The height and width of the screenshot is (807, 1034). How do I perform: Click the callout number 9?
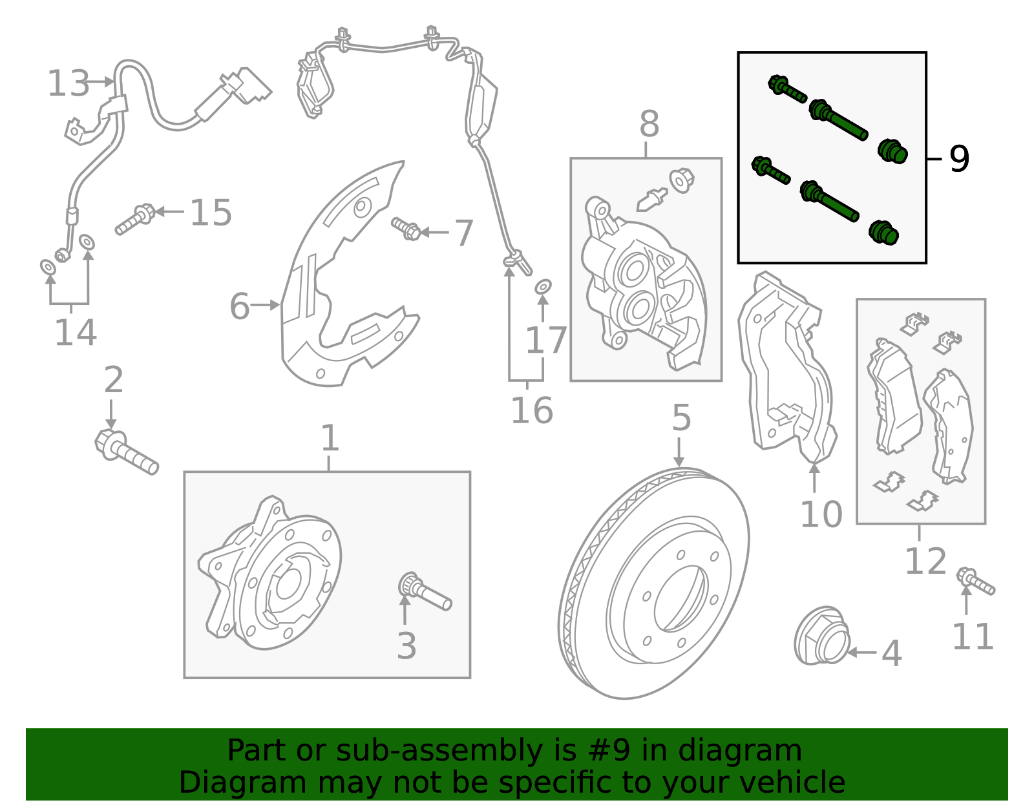[959, 158]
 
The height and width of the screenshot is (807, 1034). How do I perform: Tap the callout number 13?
[69, 84]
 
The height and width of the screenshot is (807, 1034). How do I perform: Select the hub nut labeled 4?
[821, 636]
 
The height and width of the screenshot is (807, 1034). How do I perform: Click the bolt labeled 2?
[126, 452]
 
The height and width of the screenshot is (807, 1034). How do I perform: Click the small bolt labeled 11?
[976, 581]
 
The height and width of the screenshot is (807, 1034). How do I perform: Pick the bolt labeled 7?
[406, 228]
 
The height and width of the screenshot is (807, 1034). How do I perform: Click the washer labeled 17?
[543, 286]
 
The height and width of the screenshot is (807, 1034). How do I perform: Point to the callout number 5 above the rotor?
[681, 418]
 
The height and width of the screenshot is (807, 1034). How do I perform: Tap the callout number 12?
[925, 561]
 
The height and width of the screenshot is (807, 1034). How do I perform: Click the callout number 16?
[531, 410]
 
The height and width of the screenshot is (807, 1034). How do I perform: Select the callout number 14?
[75, 333]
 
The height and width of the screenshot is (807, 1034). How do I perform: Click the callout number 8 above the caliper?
[649, 124]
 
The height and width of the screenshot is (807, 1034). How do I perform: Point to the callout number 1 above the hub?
[330, 439]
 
